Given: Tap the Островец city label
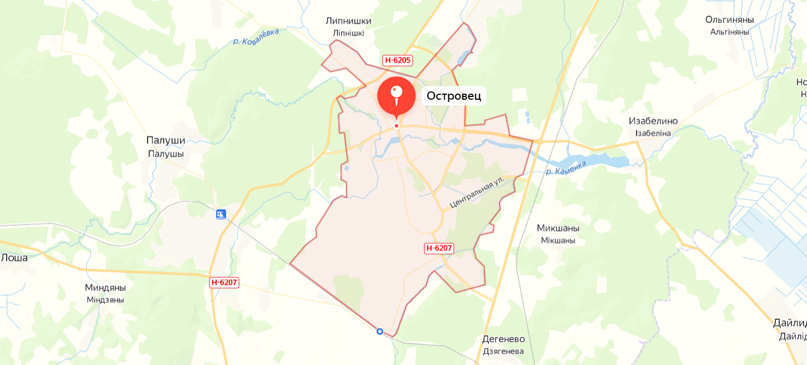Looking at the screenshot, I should (x=453, y=96).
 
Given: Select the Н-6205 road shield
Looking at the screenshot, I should (x=398, y=60).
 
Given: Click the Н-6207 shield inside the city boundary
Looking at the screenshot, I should (x=439, y=249).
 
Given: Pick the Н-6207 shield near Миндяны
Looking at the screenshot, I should (x=224, y=283).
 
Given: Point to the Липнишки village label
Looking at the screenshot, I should (x=349, y=21).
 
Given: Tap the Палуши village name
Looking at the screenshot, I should (x=165, y=141).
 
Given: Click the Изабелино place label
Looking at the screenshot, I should (x=653, y=121).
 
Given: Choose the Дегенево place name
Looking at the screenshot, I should (x=503, y=339).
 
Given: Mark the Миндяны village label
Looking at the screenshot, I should (x=105, y=288).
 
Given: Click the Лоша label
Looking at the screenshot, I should (x=14, y=257).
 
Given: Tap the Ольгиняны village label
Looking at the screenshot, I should (x=730, y=20).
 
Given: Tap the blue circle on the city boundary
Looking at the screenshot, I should (x=380, y=332).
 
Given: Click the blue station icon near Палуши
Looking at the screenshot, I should (x=221, y=214).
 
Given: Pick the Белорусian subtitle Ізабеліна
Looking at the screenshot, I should (x=653, y=133).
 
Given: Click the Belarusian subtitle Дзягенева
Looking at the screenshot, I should (x=503, y=351).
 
